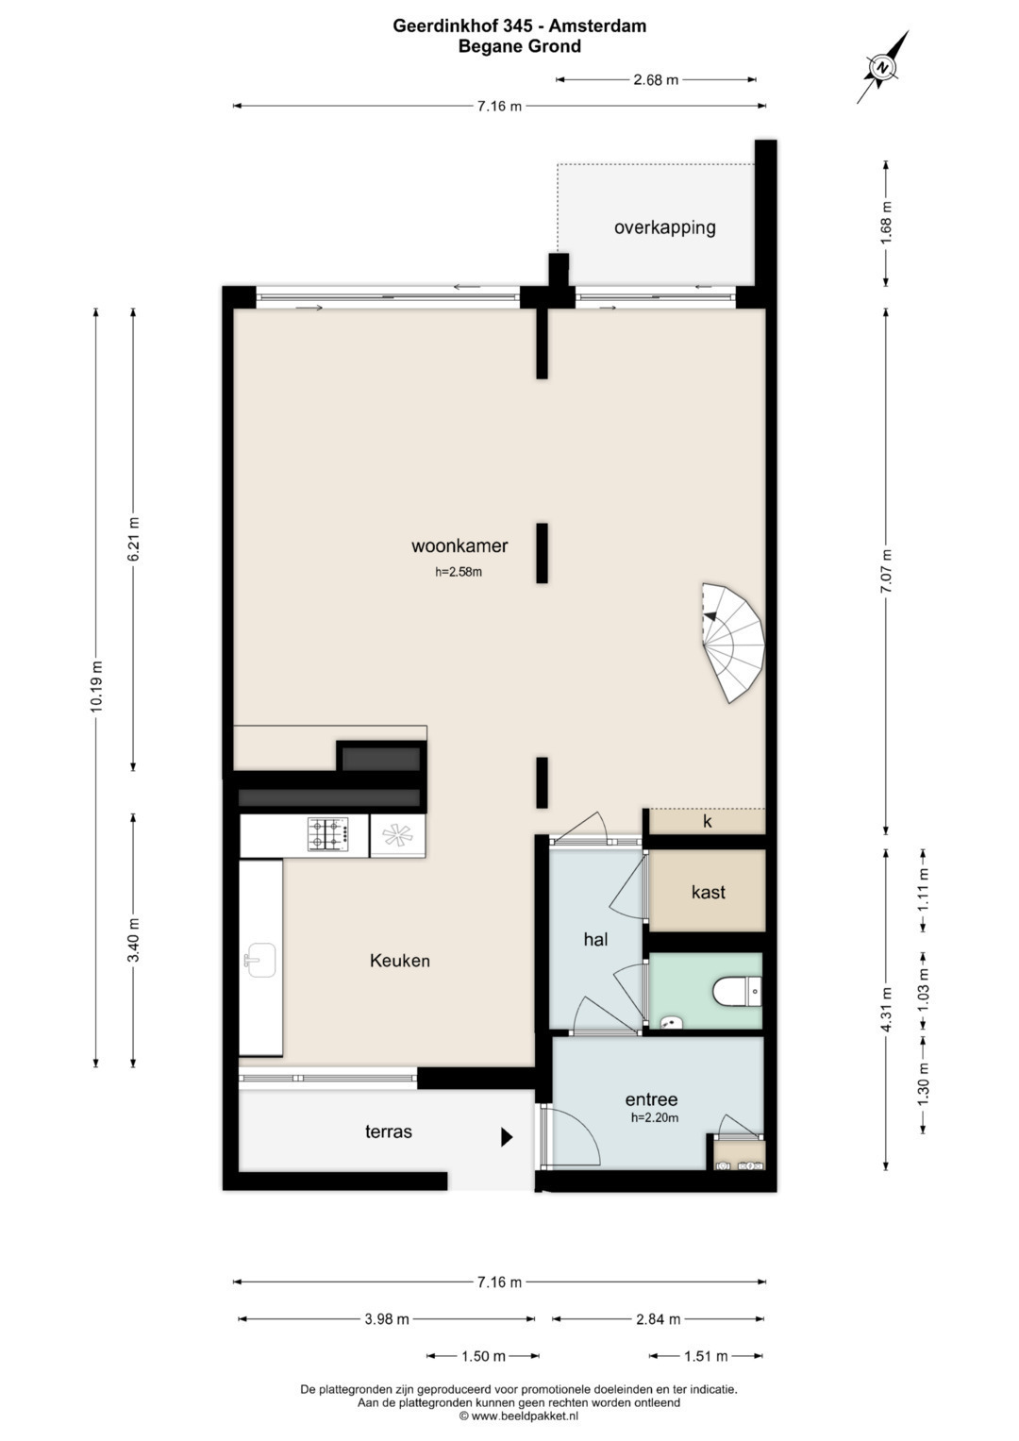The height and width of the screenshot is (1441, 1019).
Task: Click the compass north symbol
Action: click(x=882, y=67)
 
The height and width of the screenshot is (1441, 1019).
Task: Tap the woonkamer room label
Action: click(x=459, y=545)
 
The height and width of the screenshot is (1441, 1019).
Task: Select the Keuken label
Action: click(x=399, y=961)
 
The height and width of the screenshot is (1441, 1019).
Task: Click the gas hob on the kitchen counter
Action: click(x=328, y=834)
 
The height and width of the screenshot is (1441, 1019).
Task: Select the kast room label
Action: click(x=709, y=892)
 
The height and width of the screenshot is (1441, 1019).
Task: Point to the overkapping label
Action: click(x=664, y=227)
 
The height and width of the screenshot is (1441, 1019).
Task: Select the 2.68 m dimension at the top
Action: click(x=656, y=80)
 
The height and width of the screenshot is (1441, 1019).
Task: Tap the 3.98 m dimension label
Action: click(x=387, y=1319)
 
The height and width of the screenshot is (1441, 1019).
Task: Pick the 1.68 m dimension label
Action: click(x=887, y=223)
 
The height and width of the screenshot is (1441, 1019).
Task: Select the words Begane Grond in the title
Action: click(x=519, y=46)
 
